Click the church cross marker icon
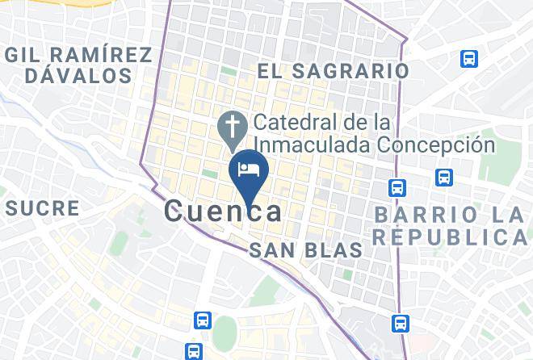coord(233,126)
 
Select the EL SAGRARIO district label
coord(333,71)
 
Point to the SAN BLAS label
coord(305,250)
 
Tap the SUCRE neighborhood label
coord(42,208)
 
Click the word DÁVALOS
coord(78,76)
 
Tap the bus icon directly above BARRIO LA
coord(443,177)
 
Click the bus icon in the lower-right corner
coord(400,324)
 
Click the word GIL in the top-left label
coord(27,55)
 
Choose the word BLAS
coord(334,250)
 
